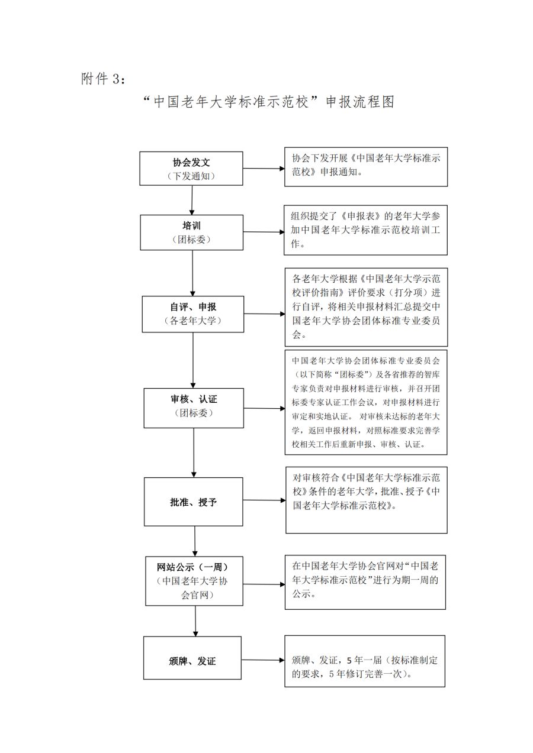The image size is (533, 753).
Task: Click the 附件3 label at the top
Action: coord(103,79)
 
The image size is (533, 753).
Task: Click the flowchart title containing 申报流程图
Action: coord(268,102)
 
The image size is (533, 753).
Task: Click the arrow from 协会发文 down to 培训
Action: coord(192,200)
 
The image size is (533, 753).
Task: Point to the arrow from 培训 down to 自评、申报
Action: coord(192,273)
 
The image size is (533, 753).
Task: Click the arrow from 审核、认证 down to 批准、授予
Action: coord(194,453)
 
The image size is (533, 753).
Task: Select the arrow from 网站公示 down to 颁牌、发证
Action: coord(195,621)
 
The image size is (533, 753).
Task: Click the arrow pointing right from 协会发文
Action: coord(264,169)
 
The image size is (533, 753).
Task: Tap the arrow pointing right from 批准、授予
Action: coord(264,500)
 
